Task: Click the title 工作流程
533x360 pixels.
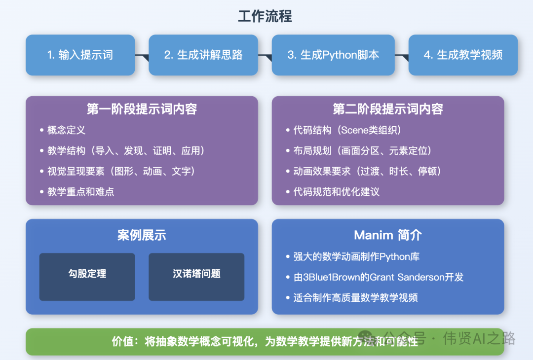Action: click(265, 16)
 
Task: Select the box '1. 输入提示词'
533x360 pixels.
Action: click(80, 55)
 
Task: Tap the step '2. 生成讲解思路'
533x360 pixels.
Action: click(203, 55)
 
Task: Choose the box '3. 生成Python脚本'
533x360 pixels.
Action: click(333, 55)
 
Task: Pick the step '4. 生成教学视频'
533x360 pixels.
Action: click(463, 55)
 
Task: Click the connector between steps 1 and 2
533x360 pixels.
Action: click(142, 55)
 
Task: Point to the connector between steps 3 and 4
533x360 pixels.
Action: click(402, 55)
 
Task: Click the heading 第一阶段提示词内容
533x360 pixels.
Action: click(142, 109)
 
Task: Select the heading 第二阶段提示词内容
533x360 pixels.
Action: click(388, 109)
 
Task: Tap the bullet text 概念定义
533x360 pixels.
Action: click(66, 130)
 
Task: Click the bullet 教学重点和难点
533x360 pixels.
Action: click(80, 192)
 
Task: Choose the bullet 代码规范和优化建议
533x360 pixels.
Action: click(337, 192)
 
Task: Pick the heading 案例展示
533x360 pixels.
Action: click(142, 235)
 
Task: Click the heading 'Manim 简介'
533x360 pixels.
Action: click(388, 235)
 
